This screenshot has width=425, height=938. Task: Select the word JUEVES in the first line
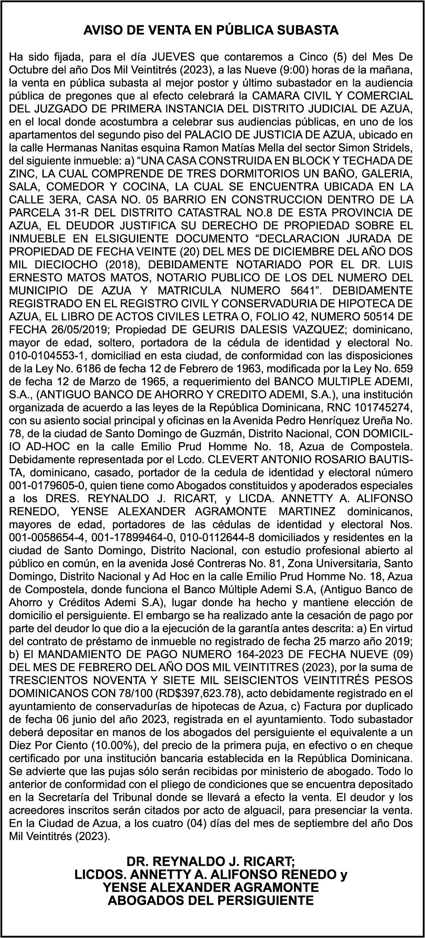172,57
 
